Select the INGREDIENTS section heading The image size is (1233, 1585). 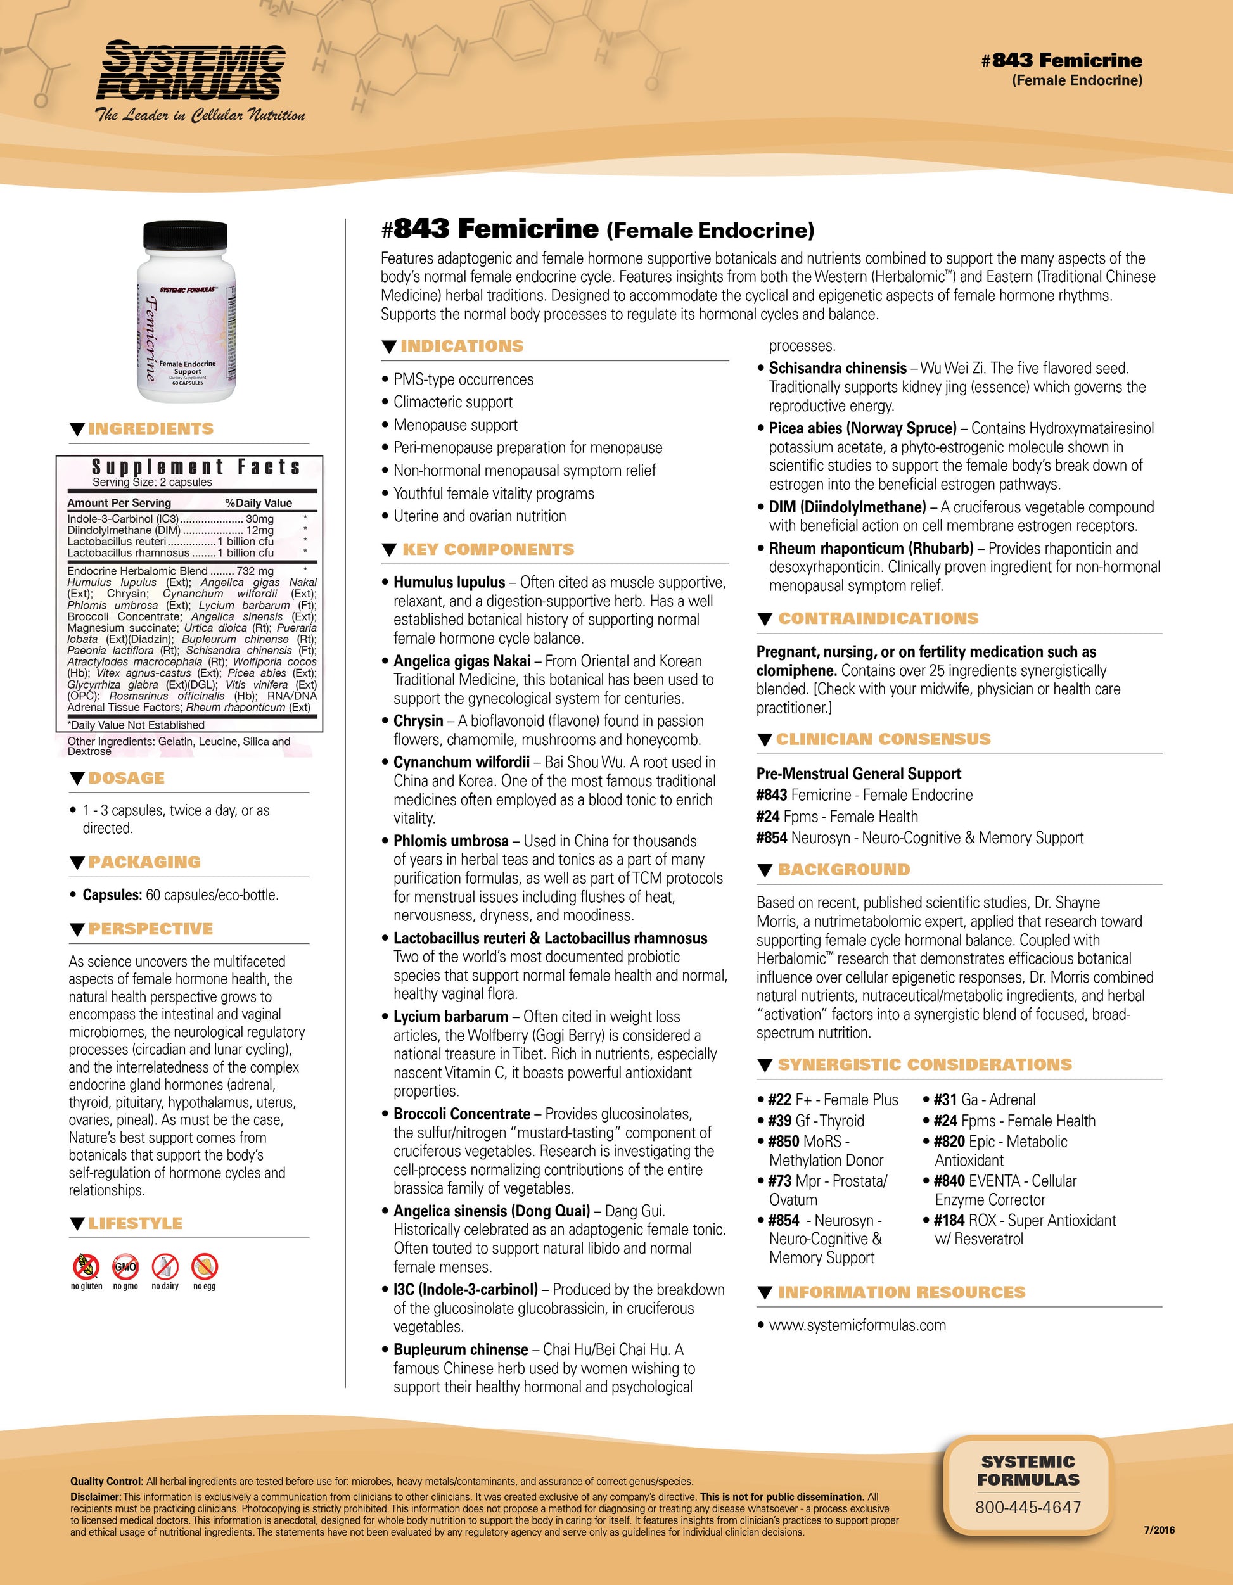[x=151, y=429]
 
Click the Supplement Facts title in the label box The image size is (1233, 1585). [x=196, y=467]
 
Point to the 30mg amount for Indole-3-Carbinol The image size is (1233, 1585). [x=260, y=519]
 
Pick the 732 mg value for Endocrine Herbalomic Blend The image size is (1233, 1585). [x=255, y=571]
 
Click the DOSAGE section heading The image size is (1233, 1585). [x=126, y=778]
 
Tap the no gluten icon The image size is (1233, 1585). [x=86, y=1266]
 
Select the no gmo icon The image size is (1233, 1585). [x=125, y=1266]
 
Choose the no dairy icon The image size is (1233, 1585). [x=165, y=1266]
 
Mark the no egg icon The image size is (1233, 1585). [x=205, y=1266]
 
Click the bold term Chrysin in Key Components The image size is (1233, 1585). [x=418, y=722]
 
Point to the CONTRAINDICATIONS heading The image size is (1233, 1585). [x=878, y=618]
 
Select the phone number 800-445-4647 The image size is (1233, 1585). [x=1028, y=1507]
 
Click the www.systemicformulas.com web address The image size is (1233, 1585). [x=857, y=1325]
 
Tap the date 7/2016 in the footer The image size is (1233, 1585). [x=1159, y=1531]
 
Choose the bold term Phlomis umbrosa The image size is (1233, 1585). [x=450, y=841]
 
